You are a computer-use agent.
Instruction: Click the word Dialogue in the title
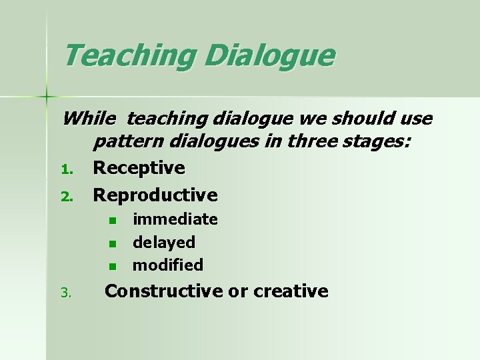[x=270, y=57]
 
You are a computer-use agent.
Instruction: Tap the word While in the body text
[x=89, y=119]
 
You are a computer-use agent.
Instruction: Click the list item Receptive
[x=139, y=168]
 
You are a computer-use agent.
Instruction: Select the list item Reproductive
[x=155, y=195]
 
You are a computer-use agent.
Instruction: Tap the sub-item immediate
[x=175, y=219]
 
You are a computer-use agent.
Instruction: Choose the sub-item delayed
[x=164, y=242]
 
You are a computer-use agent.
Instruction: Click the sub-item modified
[x=168, y=265]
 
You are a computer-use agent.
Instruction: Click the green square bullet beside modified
[x=113, y=266]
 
